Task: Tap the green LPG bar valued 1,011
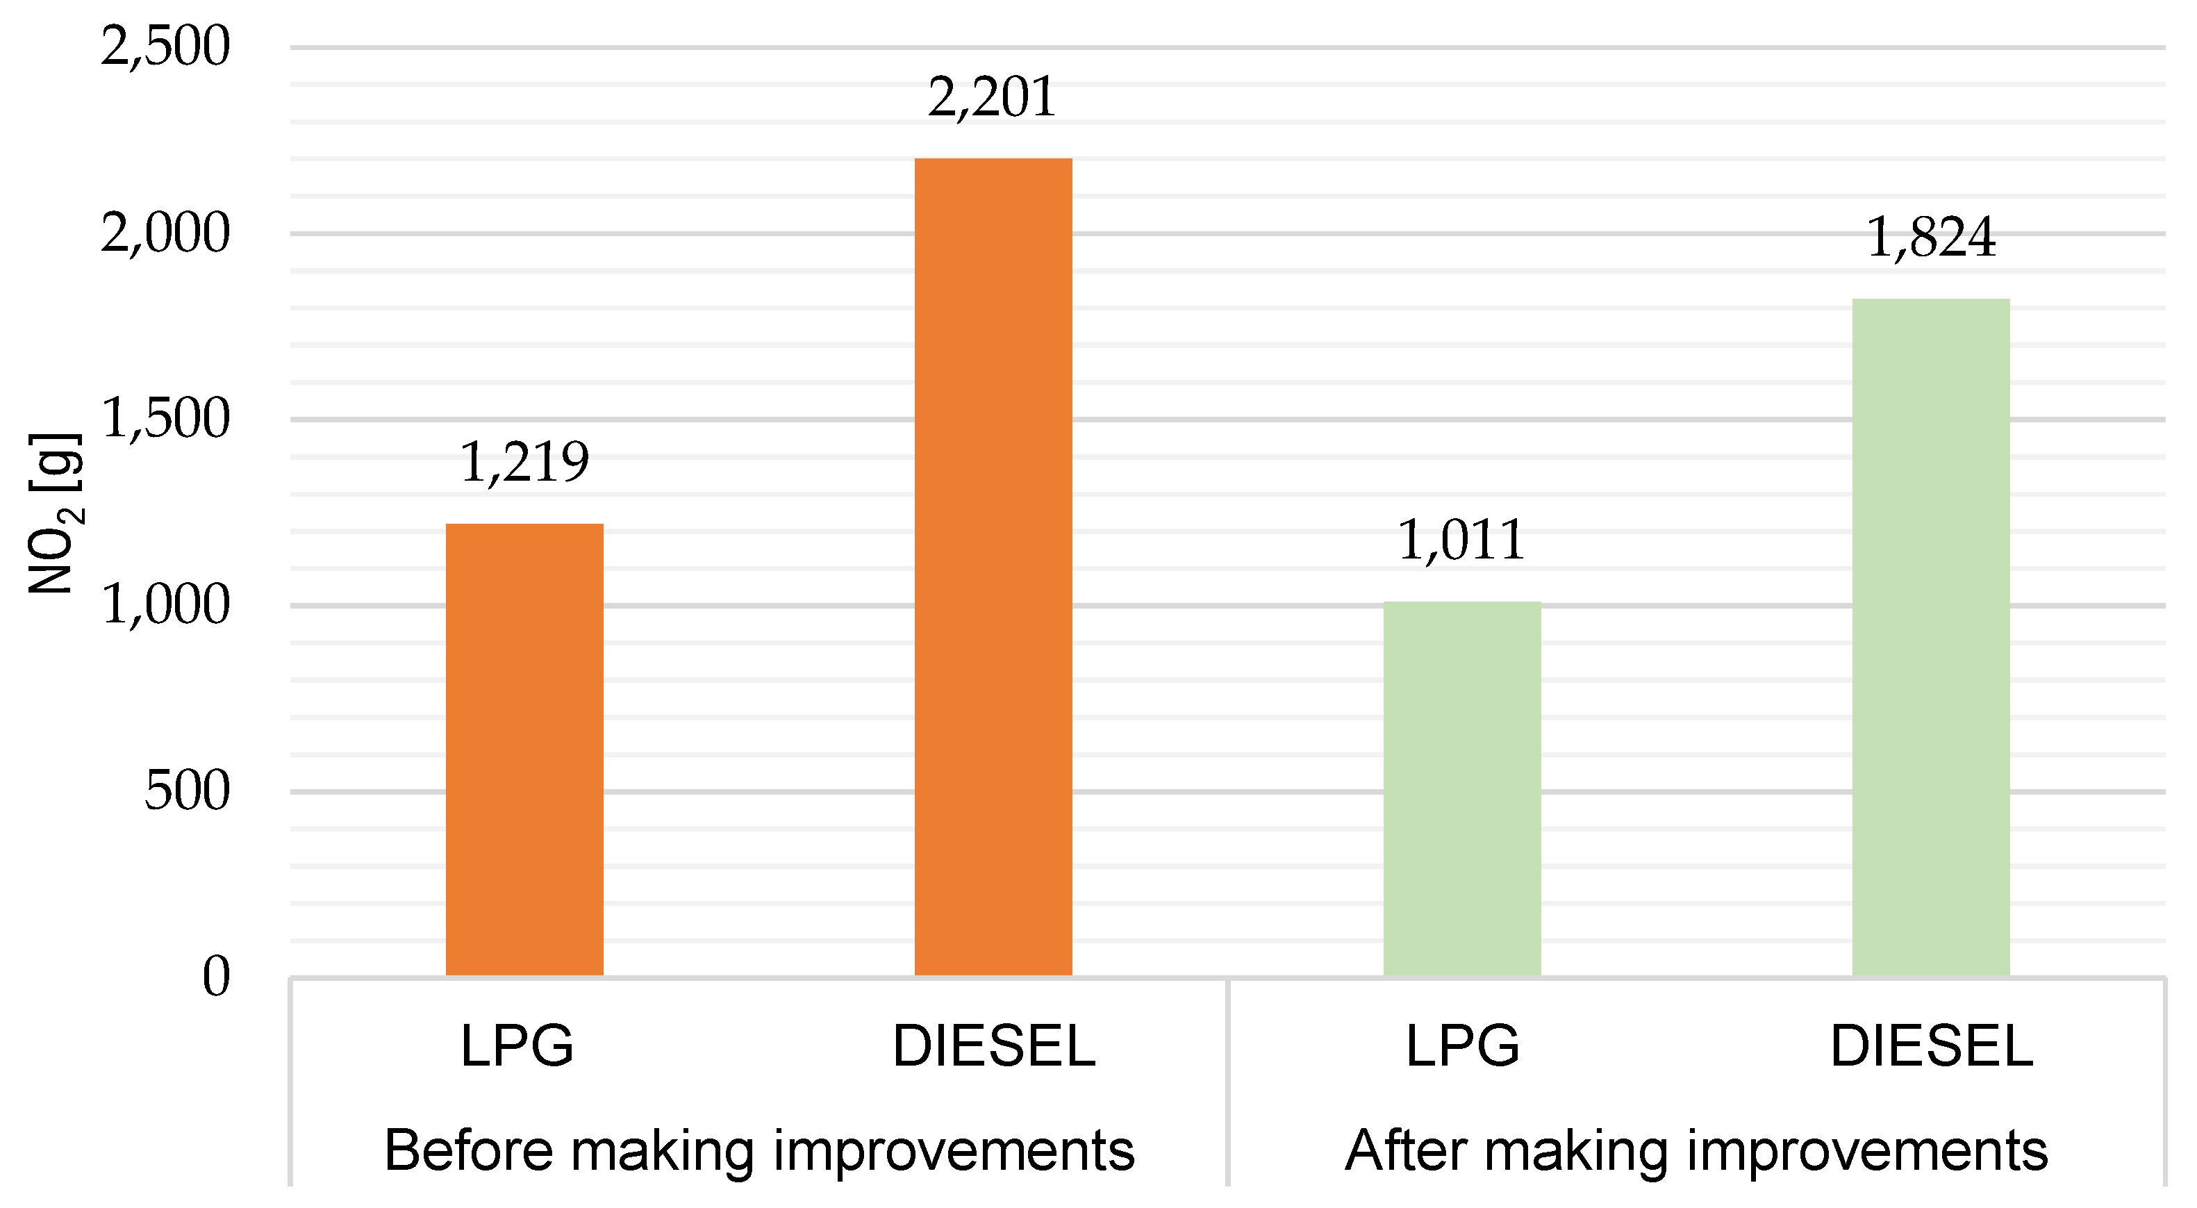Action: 1462,788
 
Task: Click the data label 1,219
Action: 524,463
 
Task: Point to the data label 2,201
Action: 992,97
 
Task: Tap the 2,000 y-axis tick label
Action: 165,232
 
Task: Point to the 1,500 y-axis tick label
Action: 165,418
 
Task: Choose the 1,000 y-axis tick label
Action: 165,604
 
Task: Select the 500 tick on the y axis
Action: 187,790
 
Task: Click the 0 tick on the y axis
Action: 216,976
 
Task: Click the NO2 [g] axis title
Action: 56,513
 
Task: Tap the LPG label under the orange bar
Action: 517,1046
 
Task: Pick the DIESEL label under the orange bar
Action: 993,1046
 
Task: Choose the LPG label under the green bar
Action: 1462,1046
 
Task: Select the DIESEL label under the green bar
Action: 1932,1046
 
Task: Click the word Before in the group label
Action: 468,1150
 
